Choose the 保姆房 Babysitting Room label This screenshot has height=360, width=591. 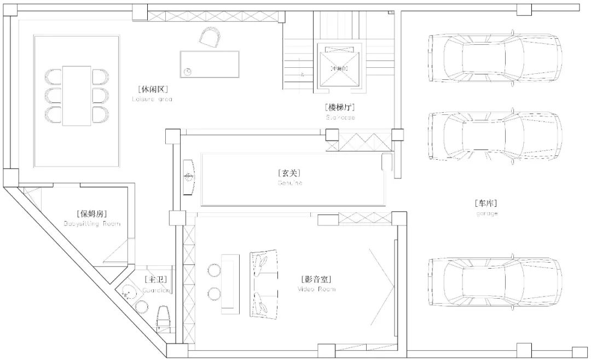[91, 217]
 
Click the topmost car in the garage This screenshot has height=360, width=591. [495, 60]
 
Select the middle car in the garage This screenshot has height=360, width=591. [495, 137]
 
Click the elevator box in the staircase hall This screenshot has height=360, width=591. [340, 68]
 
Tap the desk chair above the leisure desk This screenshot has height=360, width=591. [211, 38]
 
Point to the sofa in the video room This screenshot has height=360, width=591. [264, 283]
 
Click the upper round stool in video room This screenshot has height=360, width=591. [213, 269]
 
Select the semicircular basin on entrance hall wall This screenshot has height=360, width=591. [189, 176]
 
